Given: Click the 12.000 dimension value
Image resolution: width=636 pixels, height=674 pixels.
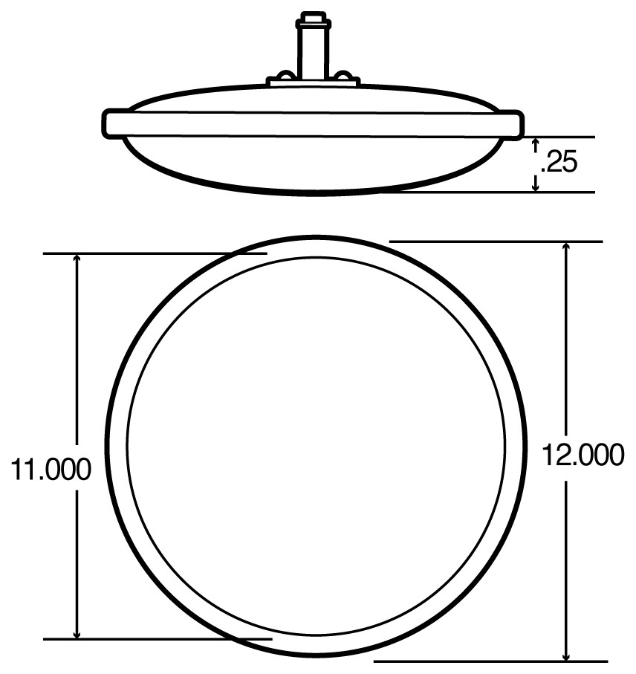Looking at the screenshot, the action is tap(583, 455).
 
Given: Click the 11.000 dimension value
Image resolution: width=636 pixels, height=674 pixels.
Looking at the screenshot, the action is tap(51, 469).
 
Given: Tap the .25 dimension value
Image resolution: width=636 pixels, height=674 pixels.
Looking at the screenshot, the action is tap(559, 162).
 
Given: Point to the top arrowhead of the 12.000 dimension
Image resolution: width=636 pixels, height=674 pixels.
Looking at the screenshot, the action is tap(566, 247).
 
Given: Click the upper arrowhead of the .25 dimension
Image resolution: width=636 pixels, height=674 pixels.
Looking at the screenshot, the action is tap(536, 143).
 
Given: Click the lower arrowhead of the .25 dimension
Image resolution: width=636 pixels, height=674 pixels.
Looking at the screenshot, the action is tap(536, 187).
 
